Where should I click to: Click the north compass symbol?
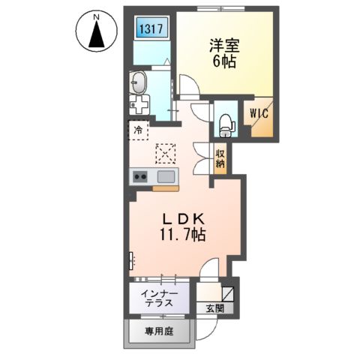95,34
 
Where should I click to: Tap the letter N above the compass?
95,13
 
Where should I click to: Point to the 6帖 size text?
223,62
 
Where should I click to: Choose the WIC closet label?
259,115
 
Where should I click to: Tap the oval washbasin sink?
139,81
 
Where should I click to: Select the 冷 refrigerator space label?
138,130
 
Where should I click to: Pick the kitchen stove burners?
139,177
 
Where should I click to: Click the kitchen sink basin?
166,177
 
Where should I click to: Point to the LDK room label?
183,218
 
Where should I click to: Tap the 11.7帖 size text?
183,235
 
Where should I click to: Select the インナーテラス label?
158,298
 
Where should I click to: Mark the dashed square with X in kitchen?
165,153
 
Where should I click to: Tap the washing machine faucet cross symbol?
138,104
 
